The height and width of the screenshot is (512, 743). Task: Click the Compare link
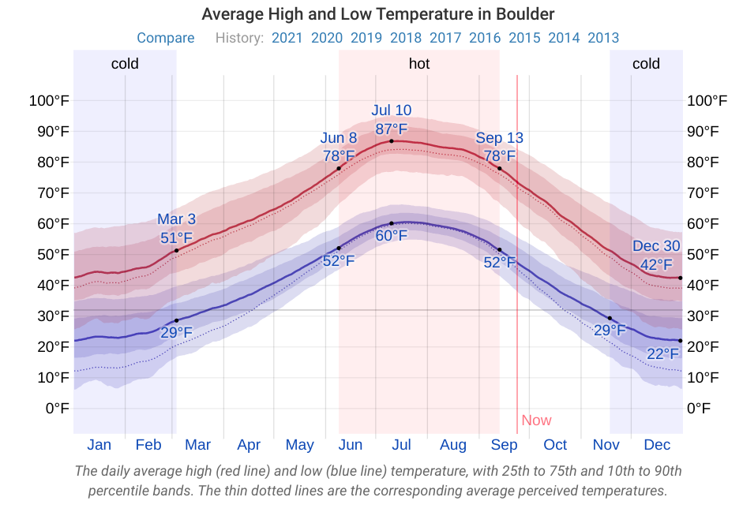coord(166,38)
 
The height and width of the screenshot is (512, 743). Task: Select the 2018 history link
coord(406,38)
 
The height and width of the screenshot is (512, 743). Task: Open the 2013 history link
coord(603,38)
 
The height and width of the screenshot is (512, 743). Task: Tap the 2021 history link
coord(287,38)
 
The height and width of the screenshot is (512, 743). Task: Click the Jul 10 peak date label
coord(392,110)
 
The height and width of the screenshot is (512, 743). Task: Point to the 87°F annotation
coord(392,129)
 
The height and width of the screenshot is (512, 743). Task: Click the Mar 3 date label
coord(176,219)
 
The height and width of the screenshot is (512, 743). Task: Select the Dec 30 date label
coord(656,246)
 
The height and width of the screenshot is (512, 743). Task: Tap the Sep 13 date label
coord(499,138)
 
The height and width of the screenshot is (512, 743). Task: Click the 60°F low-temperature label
coord(392,236)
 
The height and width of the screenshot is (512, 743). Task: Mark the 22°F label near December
coord(663,354)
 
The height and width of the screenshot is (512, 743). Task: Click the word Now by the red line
coord(537,420)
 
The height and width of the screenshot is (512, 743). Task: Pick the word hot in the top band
coord(419,64)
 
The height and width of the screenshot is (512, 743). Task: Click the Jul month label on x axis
coord(401,445)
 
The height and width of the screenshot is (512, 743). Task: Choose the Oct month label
coord(555,445)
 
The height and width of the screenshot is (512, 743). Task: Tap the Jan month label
coord(99,445)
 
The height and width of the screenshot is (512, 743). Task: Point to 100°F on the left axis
coord(49,100)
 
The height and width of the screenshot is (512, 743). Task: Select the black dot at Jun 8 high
coord(339,168)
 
